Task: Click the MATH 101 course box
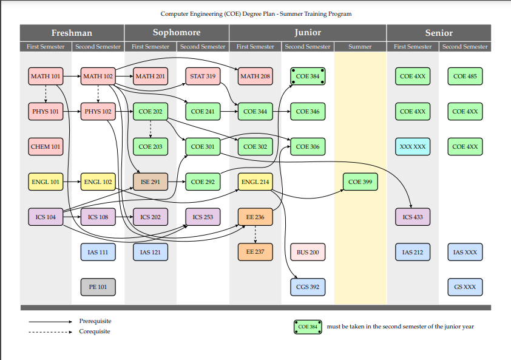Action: pos(46,76)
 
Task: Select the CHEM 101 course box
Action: pos(46,146)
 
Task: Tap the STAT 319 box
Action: pos(203,76)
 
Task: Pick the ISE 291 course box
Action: pos(150,182)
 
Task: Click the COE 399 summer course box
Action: pos(360,182)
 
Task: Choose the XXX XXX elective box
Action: pos(412,146)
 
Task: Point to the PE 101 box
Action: pos(98,287)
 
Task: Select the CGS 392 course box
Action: pos(308,287)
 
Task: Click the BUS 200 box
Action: pos(308,252)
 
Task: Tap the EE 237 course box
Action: pos(255,252)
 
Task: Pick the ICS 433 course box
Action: pos(412,217)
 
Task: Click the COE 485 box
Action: pos(465,76)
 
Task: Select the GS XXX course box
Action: pos(465,287)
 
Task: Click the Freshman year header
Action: pos(72,32)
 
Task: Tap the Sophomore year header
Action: pos(176,32)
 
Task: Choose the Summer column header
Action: pos(360,47)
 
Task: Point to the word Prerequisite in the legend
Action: pos(95,321)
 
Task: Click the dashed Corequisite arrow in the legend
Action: pos(51,332)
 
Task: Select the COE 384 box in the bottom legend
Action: pos(308,327)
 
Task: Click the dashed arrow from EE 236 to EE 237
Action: pos(255,234)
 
